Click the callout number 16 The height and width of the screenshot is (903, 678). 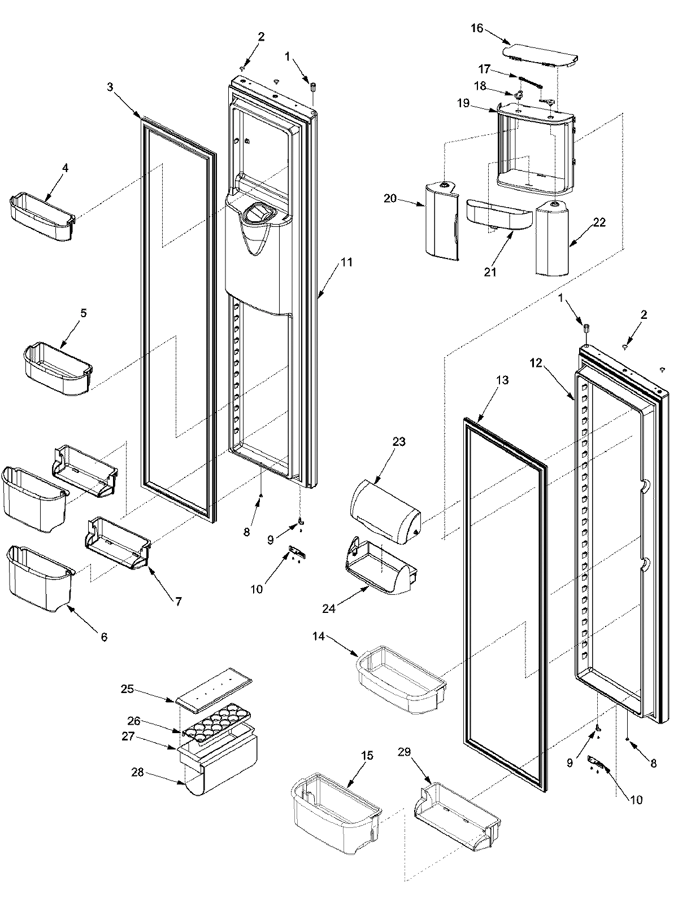coord(477,28)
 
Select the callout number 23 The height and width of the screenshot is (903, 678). coord(399,441)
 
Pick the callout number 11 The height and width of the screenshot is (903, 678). coord(346,262)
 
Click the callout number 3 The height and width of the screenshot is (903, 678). coord(111,87)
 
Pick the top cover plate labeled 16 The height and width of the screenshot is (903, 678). coord(540,57)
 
